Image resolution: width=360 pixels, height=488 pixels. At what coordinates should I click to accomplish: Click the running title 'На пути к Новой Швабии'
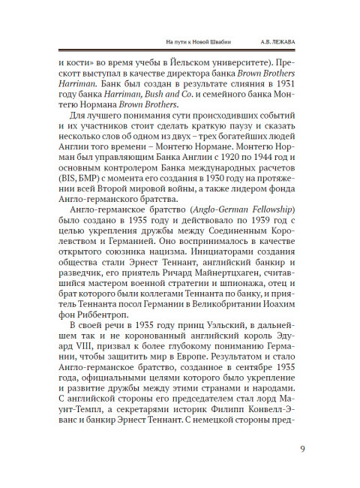coord(198,40)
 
